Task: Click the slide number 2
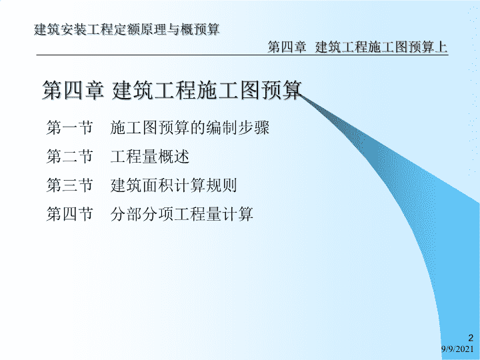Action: [x=471, y=338]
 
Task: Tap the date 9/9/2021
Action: [x=457, y=349]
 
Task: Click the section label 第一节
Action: [x=69, y=127]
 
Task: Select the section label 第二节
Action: [x=69, y=156]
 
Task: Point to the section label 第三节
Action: [x=69, y=185]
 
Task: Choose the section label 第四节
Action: [x=69, y=214]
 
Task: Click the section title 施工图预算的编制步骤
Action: [x=190, y=127]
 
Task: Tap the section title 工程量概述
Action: [x=150, y=156]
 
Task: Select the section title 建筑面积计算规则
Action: [x=174, y=185]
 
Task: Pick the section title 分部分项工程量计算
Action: [x=182, y=214]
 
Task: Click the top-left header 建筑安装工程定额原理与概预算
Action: [x=127, y=29]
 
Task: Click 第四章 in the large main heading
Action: [x=73, y=90]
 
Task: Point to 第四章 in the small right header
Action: [x=287, y=47]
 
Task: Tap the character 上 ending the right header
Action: [x=441, y=47]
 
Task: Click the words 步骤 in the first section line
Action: [x=253, y=127]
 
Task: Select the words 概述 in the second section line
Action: [x=174, y=156]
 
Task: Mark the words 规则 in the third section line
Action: [x=221, y=185]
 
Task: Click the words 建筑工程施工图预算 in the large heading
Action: [x=207, y=90]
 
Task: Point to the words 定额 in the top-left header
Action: [x=127, y=29]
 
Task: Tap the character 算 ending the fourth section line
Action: [x=245, y=214]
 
